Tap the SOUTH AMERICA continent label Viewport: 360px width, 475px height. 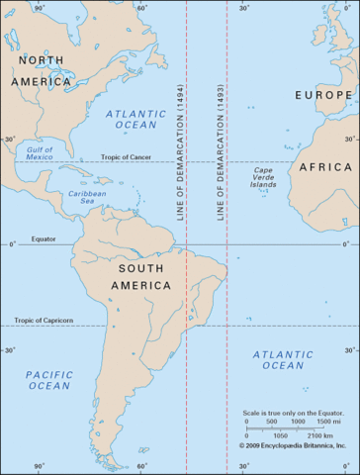147,278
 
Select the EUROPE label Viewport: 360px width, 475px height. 323,95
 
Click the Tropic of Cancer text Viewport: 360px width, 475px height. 126,157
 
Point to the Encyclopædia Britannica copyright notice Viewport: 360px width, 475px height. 296,445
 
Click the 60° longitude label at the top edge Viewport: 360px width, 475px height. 140,8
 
